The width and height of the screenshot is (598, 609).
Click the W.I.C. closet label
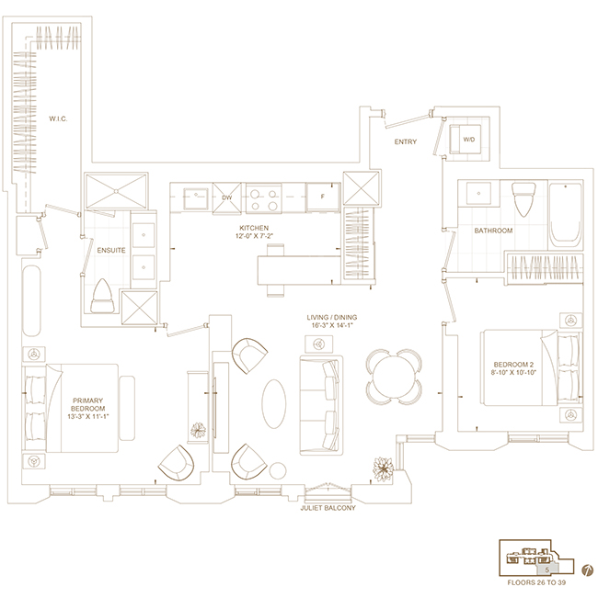[58, 118]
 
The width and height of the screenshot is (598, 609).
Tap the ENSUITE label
[111, 251]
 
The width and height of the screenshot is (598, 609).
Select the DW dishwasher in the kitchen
[227, 197]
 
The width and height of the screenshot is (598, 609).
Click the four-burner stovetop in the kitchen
[264, 198]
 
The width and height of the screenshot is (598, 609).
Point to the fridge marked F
[323, 197]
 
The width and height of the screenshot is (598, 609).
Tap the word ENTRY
[406, 141]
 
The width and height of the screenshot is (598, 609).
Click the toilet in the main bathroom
[524, 198]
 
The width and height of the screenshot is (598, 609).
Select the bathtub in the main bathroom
[566, 216]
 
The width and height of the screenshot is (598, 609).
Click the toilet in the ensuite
[102, 296]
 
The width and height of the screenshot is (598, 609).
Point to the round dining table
[394, 376]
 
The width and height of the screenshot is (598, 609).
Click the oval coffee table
[274, 404]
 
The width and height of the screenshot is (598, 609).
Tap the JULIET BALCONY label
[328, 508]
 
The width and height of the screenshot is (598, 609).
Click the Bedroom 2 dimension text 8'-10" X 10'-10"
[513, 372]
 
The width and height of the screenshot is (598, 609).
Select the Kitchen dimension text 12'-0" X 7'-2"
[254, 236]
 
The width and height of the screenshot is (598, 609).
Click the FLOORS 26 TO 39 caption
[536, 582]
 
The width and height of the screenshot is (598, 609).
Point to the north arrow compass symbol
[588, 570]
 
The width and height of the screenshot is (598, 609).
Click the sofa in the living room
[321, 405]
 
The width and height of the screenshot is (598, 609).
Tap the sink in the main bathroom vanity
[478, 193]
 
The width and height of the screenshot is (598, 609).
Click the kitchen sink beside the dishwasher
[196, 198]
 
